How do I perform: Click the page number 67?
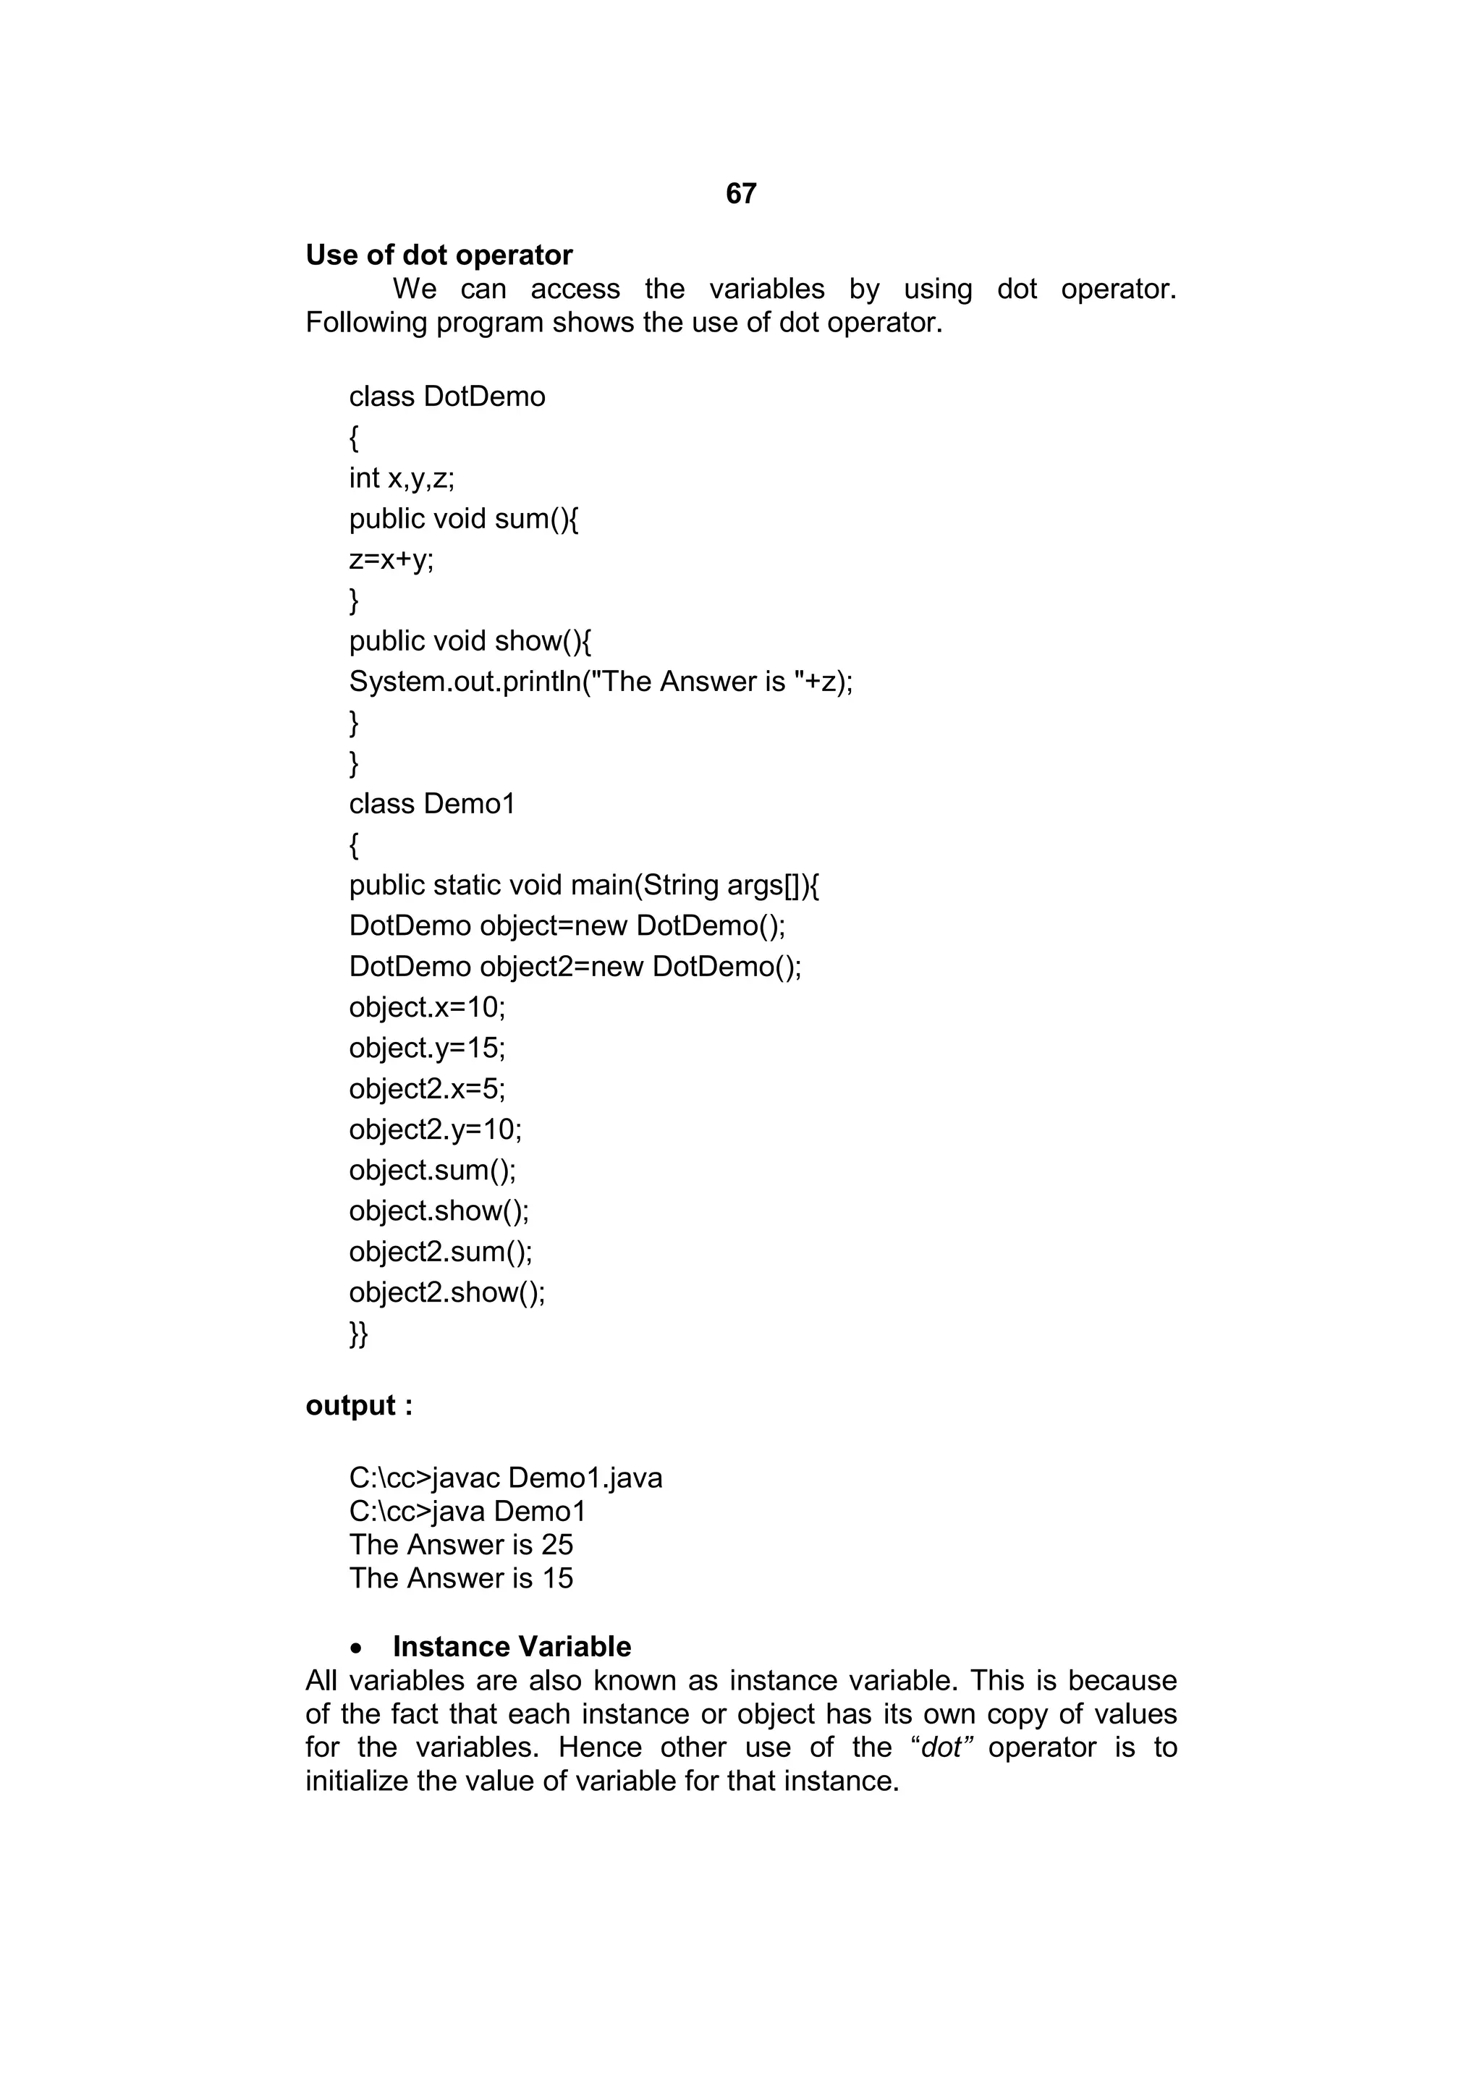click(740, 194)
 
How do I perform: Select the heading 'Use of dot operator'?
click(439, 255)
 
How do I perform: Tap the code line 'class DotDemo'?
click(446, 397)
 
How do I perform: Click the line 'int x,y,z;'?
click(402, 478)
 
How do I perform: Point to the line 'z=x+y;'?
click(391, 559)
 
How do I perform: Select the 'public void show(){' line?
click(470, 641)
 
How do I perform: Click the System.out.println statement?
click(601, 682)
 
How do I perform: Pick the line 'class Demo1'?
click(432, 804)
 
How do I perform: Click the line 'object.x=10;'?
click(426, 1007)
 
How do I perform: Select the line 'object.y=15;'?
click(426, 1048)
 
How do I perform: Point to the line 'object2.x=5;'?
click(426, 1089)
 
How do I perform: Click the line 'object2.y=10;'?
click(436, 1130)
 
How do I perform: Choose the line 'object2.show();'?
click(446, 1292)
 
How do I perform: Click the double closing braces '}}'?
click(358, 1334)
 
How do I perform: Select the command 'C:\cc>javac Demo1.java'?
click(506, 1478)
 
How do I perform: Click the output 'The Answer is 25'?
click(461, 1544)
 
